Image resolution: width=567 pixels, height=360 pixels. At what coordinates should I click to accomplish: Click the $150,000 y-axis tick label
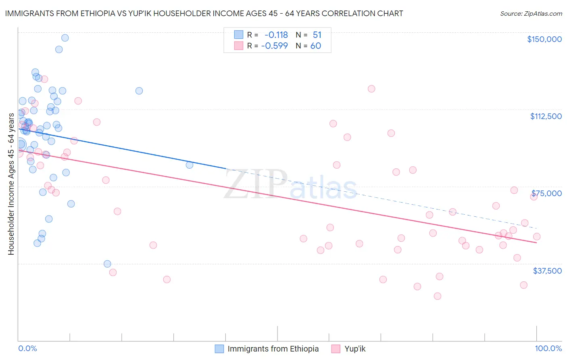544,39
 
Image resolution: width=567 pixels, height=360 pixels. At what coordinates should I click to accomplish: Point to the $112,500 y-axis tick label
546,116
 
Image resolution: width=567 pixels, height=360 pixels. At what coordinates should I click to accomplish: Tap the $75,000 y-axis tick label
546,193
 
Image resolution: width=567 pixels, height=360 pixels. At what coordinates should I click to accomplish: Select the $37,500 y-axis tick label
547,271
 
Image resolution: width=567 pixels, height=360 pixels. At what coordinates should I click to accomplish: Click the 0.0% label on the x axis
27,348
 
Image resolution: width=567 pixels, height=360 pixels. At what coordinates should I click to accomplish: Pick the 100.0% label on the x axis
548,348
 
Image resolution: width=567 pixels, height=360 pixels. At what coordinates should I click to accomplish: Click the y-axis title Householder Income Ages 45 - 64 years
11,184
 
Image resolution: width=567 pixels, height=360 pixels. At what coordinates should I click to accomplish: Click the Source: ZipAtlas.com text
531,14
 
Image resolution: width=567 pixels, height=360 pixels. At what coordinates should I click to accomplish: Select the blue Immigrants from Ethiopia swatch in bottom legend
219,349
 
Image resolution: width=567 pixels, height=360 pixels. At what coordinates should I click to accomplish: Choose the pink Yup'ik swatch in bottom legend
336,349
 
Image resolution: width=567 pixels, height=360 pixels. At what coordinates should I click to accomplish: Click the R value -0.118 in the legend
276,35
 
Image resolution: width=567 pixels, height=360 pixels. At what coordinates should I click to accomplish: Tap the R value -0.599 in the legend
274,46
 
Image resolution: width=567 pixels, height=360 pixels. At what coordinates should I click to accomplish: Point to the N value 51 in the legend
317,35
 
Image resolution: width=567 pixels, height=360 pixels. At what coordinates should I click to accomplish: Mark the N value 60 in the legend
315,46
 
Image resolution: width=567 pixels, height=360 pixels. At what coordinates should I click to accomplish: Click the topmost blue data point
65,38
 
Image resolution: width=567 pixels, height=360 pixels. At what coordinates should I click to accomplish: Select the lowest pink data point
437,296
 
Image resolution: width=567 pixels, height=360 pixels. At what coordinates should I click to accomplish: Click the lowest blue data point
107,264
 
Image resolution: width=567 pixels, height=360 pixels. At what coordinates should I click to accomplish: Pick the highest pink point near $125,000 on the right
371,89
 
